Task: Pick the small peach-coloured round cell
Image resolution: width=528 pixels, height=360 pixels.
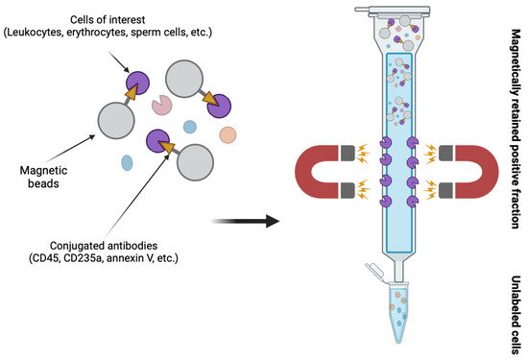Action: point(227,132)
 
